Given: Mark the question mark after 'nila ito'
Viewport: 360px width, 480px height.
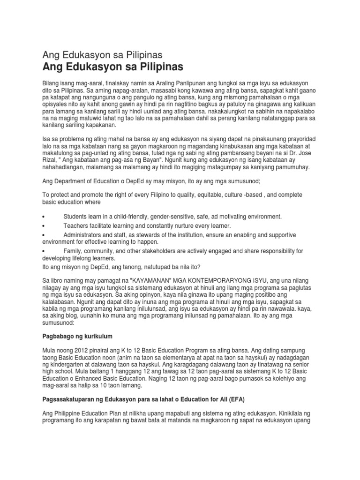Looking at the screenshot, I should pyautogui.click(x=200, y=267).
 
